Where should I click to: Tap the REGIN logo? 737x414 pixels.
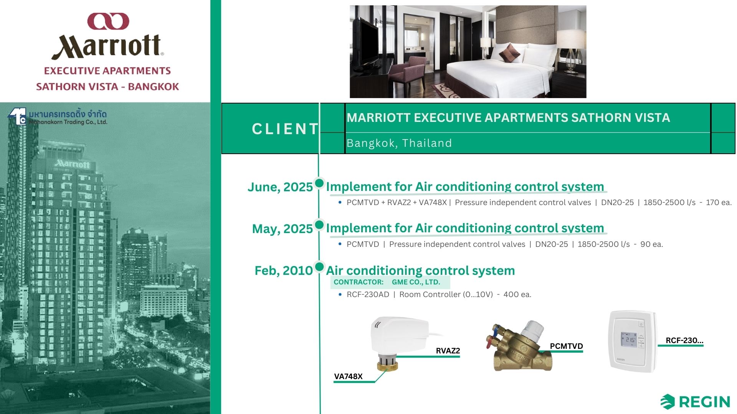click(x=695, y=402)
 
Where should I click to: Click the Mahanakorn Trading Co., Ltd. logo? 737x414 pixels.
click(x=57, y=117)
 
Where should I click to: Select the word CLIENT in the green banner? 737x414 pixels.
click(x=285, y=129)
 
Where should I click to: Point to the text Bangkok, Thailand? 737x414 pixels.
click(x=399, y=143)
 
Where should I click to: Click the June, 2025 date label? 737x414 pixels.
click(x=280, y=187)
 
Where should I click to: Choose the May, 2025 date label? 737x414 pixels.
click(x=283, y=228)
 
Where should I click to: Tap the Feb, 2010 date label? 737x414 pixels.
click(x=284, y=270)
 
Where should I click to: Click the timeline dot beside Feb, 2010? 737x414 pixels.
click(x=319, y=266)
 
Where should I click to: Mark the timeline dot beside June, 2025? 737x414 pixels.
click(x=319, y=183)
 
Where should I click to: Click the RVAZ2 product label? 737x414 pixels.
click(x=448, y=351)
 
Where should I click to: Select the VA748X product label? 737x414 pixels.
click(x=348, y=376)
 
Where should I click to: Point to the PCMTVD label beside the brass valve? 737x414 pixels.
click(x=566, y=346)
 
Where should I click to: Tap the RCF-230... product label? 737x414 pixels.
click(x=684, y=340)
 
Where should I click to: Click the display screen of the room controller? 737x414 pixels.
click(x=630, y=340)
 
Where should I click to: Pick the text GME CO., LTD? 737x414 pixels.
click(x=416, y=282)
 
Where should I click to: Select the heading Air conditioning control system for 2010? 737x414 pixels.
click(x=420, y=270)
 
